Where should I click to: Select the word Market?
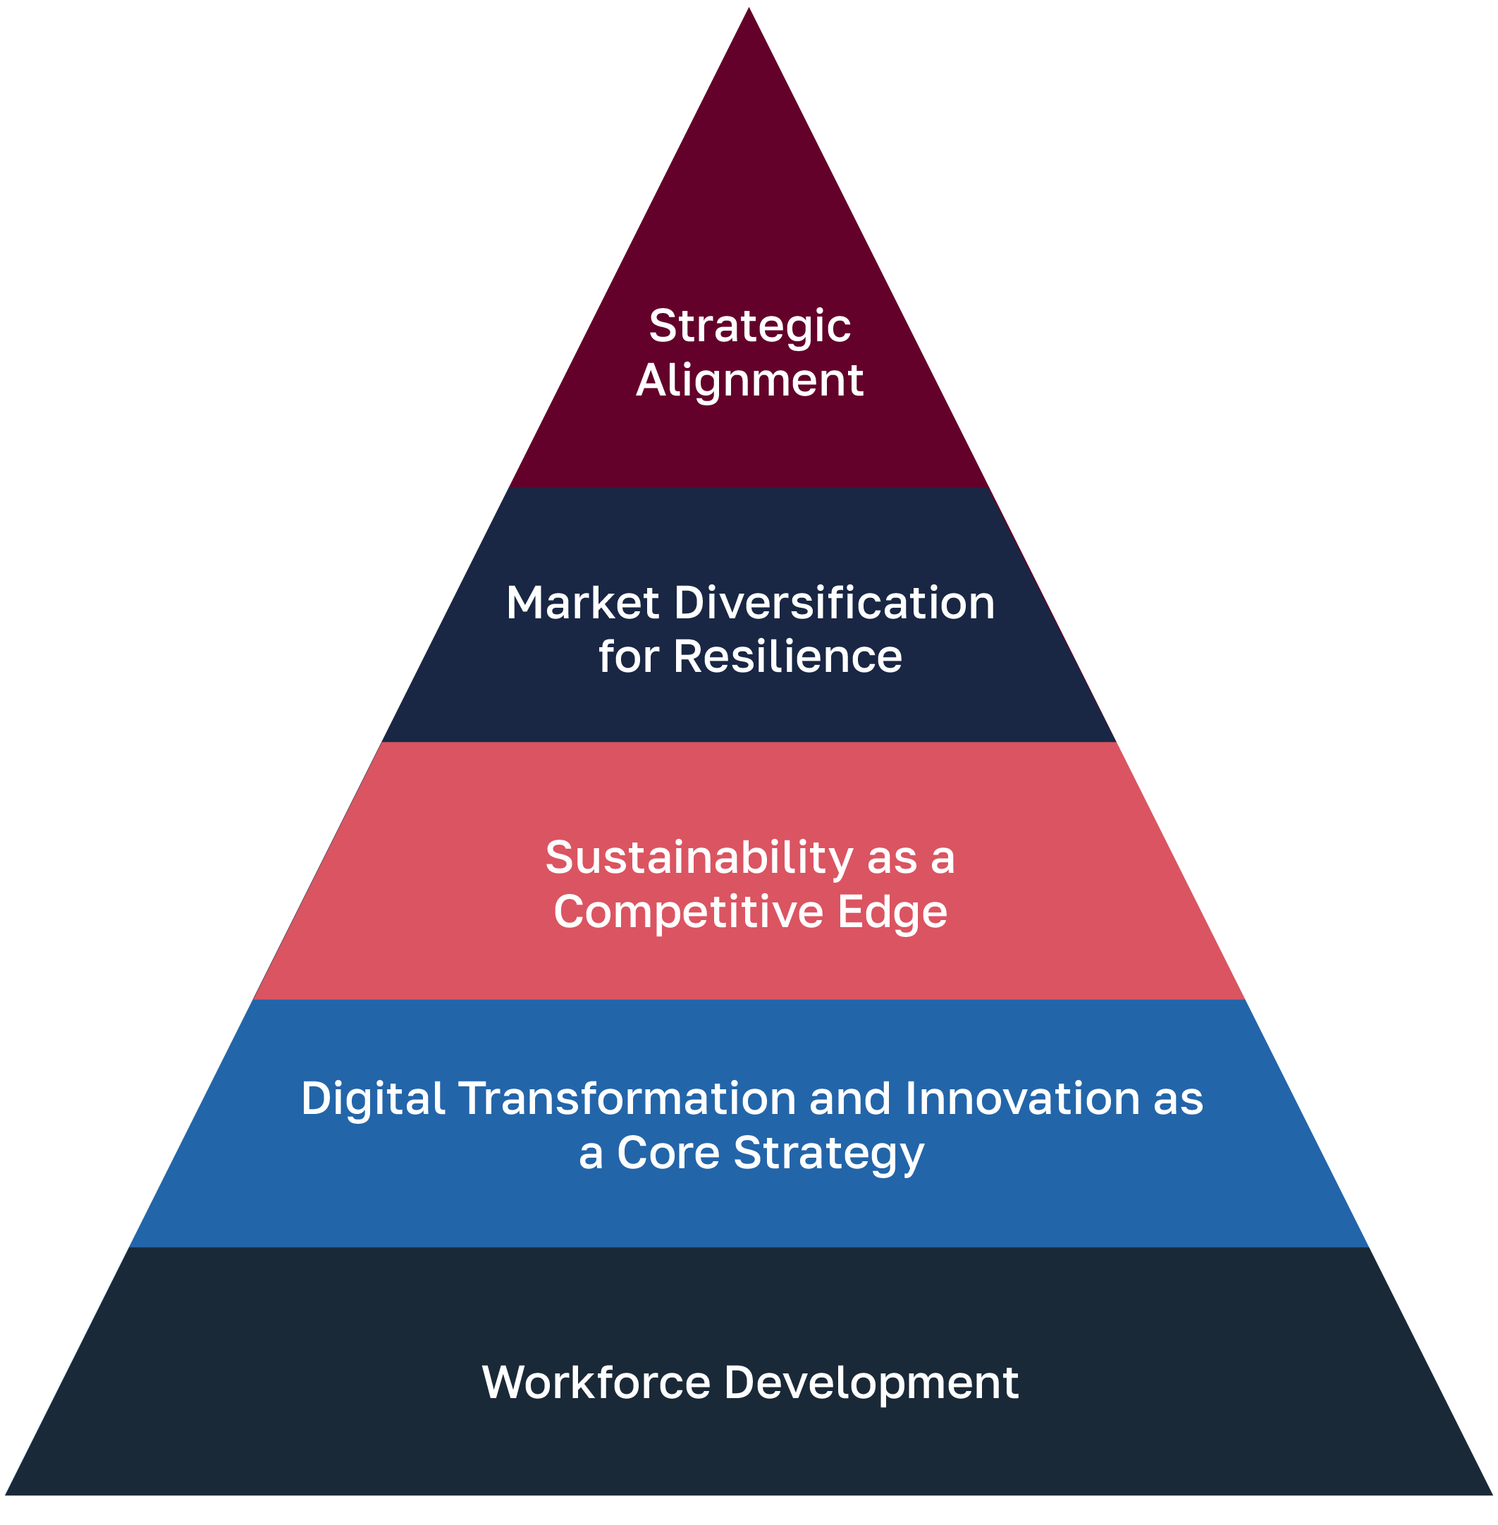click(582, 604)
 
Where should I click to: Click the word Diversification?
click(834, 604)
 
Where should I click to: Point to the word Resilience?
click(787, 657)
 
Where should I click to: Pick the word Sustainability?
click(699, 859)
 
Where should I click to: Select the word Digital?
click(373, 1099)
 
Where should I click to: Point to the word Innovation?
click(1022, 1099)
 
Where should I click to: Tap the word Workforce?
click(596, 1383)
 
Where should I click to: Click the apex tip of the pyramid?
click(749, 9)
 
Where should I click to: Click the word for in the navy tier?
click(628, 657)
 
